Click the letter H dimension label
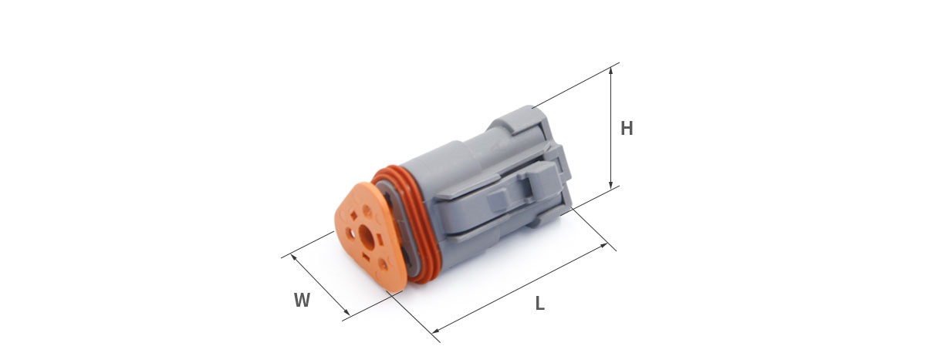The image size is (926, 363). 627,129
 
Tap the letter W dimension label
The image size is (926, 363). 302,300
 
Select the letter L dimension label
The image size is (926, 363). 540,303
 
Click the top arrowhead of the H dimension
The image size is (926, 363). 611,72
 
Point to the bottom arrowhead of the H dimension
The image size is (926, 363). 611,184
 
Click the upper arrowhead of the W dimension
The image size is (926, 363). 294,257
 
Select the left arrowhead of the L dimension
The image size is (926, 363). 436,331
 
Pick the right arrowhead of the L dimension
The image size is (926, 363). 603,246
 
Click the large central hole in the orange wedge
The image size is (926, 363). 367,237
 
